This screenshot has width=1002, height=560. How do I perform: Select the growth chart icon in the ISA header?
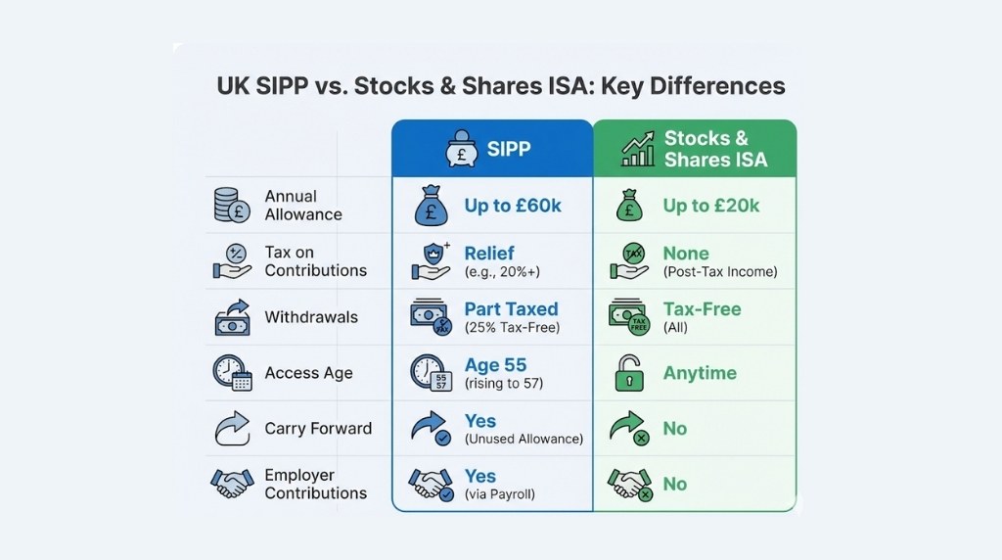click(x=638, y=150)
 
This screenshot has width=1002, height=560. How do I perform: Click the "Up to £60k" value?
click(x=513, y=206)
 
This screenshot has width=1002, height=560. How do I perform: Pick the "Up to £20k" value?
click(x=711, y=206)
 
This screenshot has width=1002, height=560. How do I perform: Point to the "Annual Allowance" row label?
click(x=303, y=205)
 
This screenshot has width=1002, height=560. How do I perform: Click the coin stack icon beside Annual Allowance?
click(x=232, y=205)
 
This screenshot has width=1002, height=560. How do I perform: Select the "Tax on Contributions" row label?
click(x=315, y=261)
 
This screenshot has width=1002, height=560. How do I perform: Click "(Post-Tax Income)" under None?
click(x=719, y=272)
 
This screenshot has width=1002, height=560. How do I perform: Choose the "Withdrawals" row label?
click(x=311, y=317)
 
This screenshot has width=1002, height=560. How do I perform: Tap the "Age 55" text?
click(x=495, y=365)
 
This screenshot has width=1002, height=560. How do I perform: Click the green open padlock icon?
click(x=627, y=373)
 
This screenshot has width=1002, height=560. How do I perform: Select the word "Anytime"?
click(x=700, y=373)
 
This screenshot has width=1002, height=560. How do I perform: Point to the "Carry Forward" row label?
click(x=318, y=429)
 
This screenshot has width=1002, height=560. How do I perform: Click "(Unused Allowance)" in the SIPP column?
click(x=524, y=440)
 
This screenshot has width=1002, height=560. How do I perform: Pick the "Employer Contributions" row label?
click(x=315, y=485)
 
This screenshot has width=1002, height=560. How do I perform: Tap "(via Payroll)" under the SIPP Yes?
click(x=500, y=494)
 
